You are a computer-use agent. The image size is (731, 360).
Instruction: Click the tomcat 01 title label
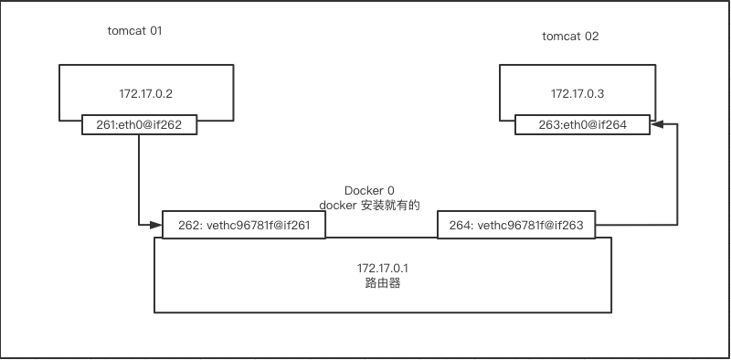click(134, 31)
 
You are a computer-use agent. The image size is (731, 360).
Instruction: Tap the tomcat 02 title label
click(570, 37)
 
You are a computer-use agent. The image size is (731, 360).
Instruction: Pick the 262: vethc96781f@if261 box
click(243, 226)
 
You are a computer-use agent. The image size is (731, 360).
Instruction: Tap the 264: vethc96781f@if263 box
click(516, 226)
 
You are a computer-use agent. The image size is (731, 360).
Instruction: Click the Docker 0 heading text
click(369, 190)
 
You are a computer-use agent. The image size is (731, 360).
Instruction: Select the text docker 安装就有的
click(369, 206)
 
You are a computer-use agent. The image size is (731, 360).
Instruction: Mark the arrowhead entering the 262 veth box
click(156, 225)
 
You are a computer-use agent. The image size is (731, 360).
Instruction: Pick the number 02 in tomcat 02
click(591, 37)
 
